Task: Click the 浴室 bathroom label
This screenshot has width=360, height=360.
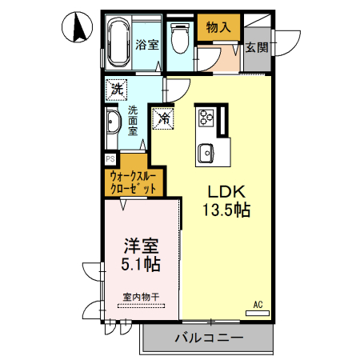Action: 147,45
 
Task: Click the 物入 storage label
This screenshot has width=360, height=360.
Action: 218,27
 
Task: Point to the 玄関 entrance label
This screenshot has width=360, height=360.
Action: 256,46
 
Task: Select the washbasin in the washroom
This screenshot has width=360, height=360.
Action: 113,124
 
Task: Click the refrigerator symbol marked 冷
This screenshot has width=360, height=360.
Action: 163,118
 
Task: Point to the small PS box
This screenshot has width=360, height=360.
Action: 110,159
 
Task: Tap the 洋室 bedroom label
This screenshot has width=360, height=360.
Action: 141,245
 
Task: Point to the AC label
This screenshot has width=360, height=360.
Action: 258,305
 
